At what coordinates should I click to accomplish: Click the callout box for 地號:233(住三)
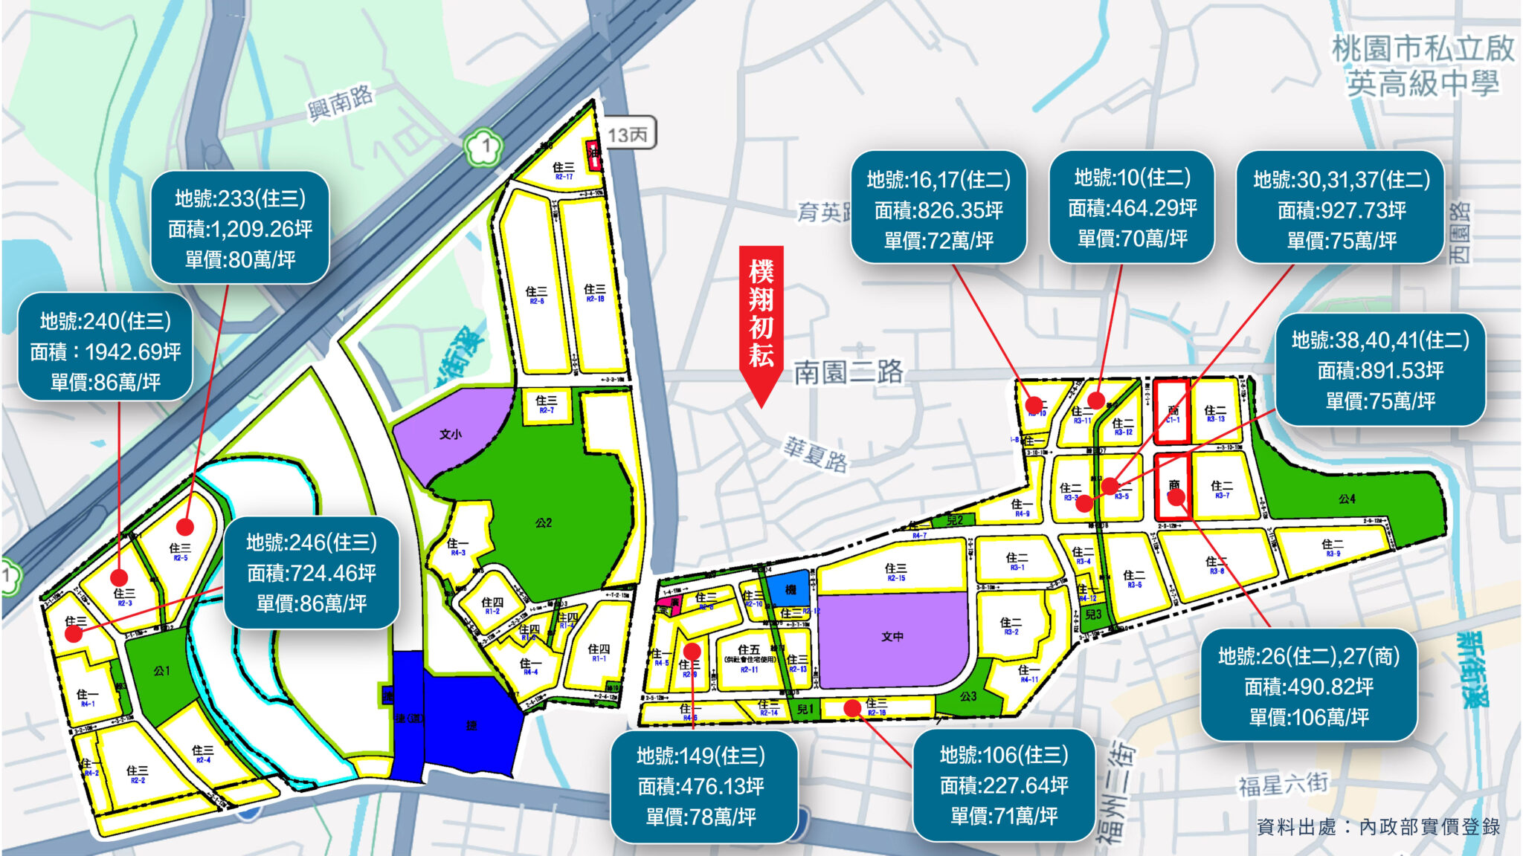coord(240,228)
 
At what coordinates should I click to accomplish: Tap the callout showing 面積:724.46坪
coord(311,572)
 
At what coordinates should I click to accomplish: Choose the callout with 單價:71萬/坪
coord(1004,785)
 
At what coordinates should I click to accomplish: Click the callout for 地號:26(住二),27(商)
coord(1309,686)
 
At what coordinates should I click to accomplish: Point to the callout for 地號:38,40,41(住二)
coord(1380,370)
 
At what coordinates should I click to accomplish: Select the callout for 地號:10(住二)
coord(1132,208)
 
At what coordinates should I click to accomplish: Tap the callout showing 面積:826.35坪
coord(938,210)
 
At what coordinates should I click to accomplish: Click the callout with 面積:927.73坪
coord(1341,210)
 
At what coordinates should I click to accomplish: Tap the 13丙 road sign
coord(628,134)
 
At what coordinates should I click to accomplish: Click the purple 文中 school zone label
coord(892,637)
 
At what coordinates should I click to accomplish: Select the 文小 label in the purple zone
coord(450,435)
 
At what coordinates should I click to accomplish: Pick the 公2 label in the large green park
coord(544,523)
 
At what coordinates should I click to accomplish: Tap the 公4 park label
coord(1347,499)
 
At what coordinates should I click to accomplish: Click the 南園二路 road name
coord(849,372)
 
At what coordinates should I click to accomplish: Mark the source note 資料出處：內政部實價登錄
coord(1378,826)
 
